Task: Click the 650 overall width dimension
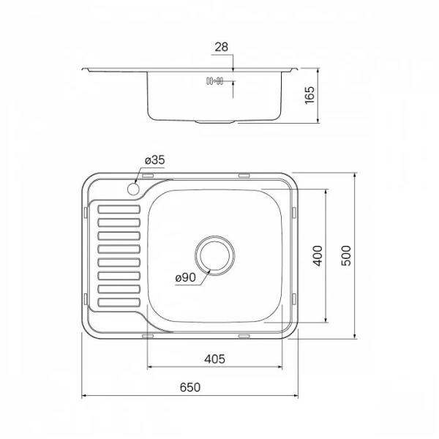189,389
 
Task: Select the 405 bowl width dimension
214,359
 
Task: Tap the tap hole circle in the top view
134,190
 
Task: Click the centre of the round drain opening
214,254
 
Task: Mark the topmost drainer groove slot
118,210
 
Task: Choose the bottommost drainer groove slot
118,301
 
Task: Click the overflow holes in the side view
214,82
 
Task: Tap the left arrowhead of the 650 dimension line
83,397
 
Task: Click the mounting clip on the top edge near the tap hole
148,176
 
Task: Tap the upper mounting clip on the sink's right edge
295,211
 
